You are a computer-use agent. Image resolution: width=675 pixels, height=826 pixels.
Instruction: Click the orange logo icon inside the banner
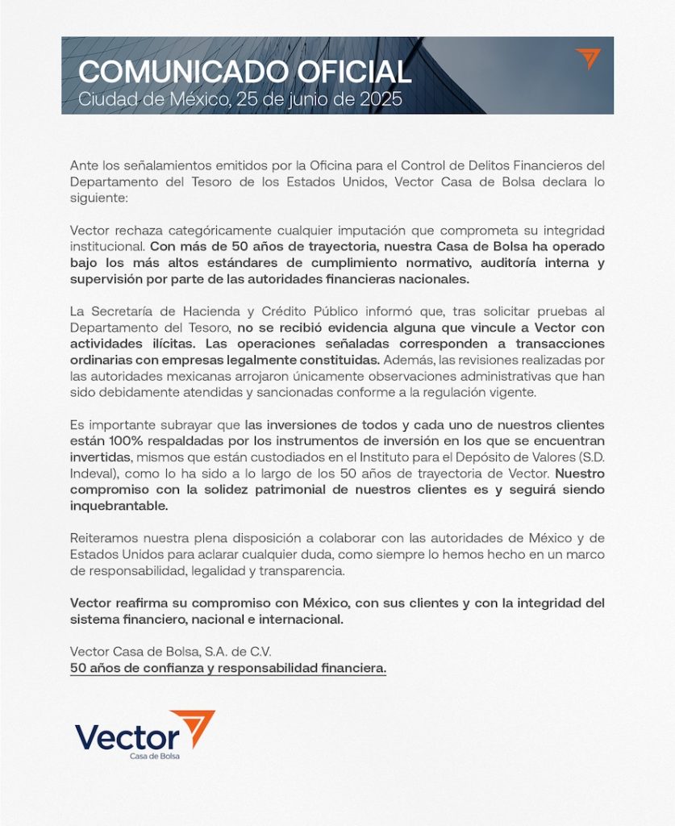click(588, 59)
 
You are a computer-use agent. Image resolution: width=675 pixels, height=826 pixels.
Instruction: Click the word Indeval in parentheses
click(93, 472)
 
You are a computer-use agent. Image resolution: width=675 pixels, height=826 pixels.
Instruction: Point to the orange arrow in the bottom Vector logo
click(196, 725)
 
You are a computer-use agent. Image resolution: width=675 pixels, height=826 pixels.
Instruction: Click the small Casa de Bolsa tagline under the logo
click(155, 756)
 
